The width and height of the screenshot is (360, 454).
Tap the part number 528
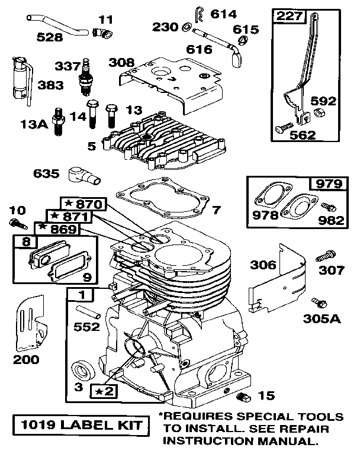[49, 37]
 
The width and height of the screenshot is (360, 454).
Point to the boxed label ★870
[83, 204]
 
